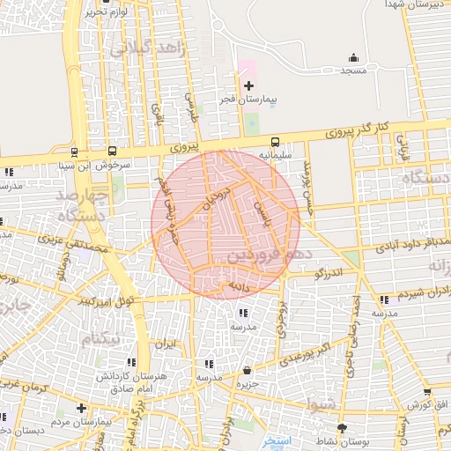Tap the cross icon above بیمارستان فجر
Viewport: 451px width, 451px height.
coord(248,85)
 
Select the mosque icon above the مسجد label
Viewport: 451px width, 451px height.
coord(353,58)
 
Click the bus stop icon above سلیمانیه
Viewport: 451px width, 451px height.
coord(275,142)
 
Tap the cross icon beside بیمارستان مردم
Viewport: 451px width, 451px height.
coord(81,408)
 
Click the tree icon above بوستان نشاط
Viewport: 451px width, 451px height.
coord(342,428)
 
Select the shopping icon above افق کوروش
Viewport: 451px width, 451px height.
coord(427,392)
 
